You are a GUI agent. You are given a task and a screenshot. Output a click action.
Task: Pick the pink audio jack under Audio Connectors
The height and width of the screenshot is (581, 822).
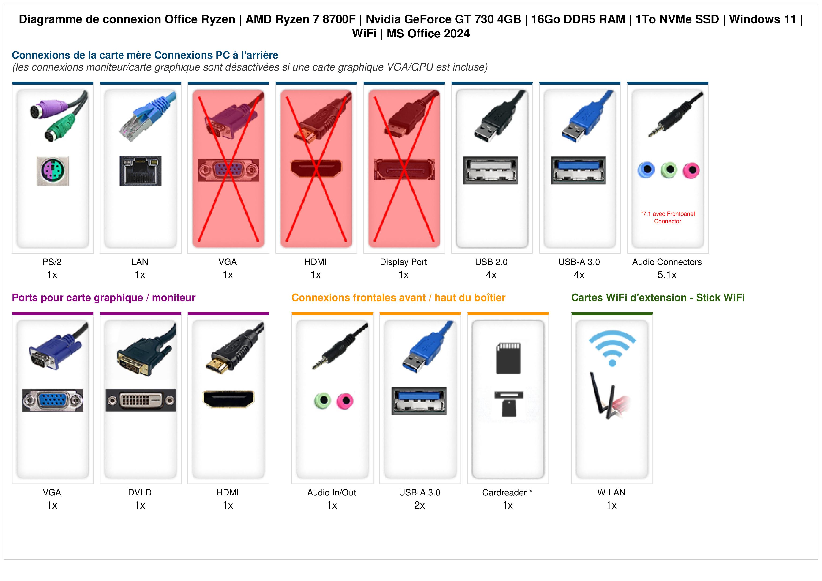[691, 170]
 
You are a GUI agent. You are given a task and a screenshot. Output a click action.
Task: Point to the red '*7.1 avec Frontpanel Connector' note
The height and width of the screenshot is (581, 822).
[668, 218]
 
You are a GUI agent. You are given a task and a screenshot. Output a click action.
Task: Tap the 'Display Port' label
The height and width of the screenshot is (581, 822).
[404, 262]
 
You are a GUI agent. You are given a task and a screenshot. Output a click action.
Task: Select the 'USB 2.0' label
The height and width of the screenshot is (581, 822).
[491, 262]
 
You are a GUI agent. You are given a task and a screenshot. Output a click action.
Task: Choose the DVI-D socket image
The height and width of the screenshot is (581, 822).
[141, 400]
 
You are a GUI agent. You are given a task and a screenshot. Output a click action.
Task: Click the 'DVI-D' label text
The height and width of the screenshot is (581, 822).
[140, 493]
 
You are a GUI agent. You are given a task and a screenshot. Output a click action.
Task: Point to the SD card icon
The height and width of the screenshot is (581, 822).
[508, 358]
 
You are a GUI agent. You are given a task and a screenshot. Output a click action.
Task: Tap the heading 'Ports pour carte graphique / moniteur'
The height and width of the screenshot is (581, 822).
[104, 298]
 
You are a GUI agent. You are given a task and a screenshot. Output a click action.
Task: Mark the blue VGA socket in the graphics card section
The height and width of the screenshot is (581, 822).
[53, 400]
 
